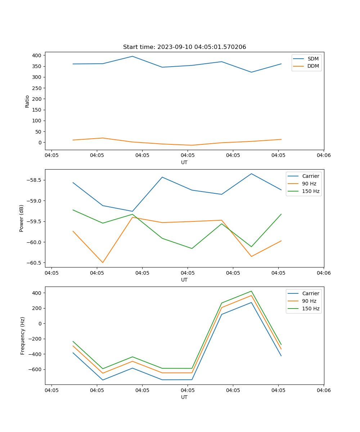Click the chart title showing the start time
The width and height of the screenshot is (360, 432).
[x=184, y=47]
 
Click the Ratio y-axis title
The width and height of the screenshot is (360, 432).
[x=27, y=101]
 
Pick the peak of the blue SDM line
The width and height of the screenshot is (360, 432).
[x=132, y=56]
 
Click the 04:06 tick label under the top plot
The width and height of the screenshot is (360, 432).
[x=323, y=155]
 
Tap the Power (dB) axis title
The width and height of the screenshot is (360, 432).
[x=22, y=218]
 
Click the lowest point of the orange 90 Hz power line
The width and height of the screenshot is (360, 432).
[x=103, y=262]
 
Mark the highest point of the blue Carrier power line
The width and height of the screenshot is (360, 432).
[x=251, y=174]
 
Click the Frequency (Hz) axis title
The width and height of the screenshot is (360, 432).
[x=23, y=336]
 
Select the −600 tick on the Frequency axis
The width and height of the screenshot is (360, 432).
[x=35, y=369]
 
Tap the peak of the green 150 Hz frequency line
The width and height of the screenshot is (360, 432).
[x=251, y=291]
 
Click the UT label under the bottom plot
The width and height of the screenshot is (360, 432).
[x=184, y=397]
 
